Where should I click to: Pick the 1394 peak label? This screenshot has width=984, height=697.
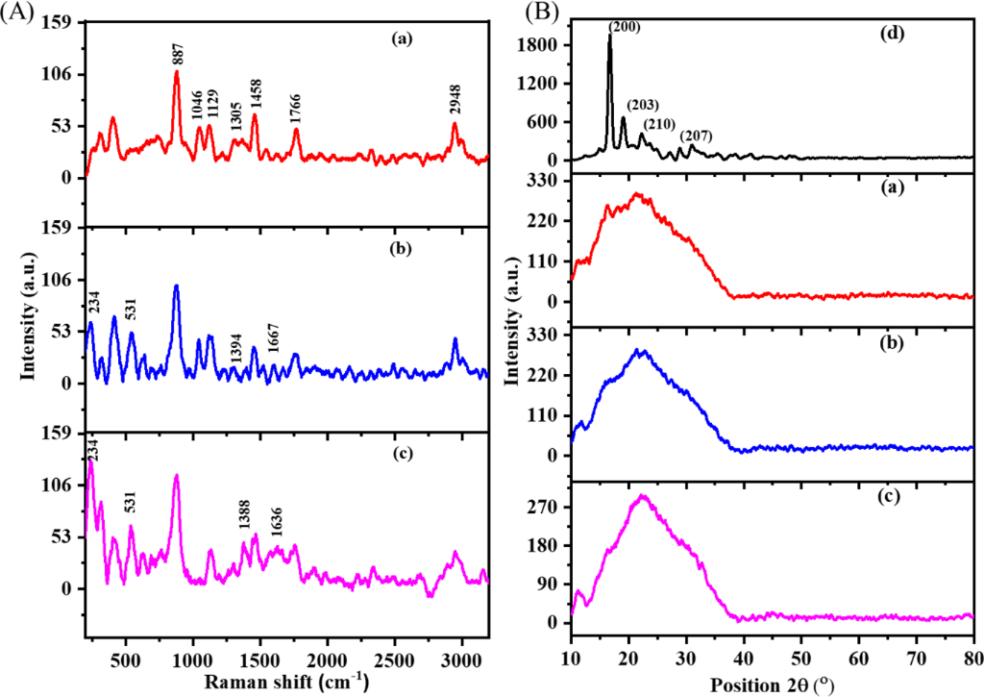[x=235, y=347]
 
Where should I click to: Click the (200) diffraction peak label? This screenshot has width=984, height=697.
[x=625, y=27]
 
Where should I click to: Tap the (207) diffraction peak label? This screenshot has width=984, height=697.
[x=694, y=135]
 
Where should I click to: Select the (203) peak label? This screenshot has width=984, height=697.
[x=643, y=104]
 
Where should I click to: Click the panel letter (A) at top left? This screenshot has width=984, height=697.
[x=19, y=13]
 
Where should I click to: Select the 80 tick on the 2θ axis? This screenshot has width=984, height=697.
[x=972, y=657]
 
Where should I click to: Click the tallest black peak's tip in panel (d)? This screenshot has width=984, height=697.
[x=609, y=36]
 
